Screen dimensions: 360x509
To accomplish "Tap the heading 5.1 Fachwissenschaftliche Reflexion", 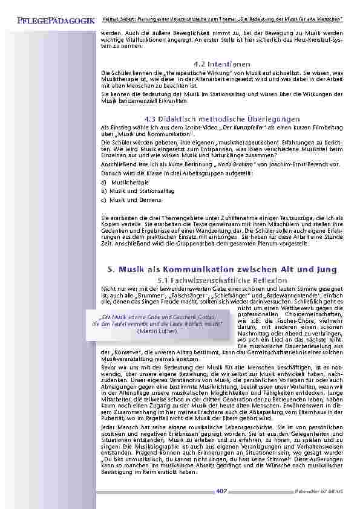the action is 221,280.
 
